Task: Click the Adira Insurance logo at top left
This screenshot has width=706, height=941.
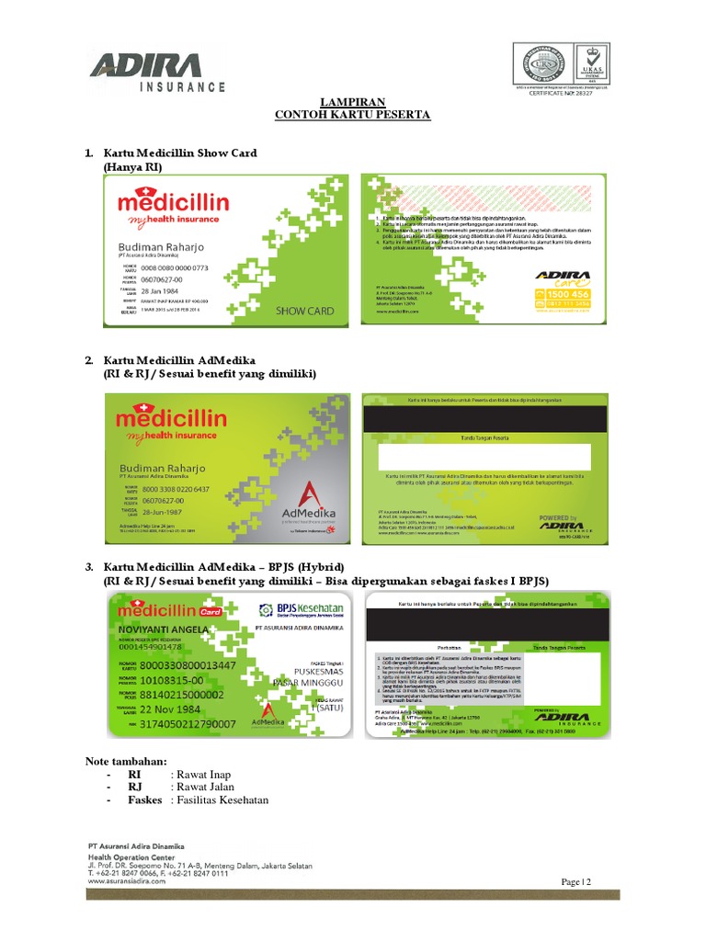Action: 156,72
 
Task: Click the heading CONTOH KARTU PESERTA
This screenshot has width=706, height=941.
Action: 353,115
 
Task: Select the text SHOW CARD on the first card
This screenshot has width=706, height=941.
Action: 304,311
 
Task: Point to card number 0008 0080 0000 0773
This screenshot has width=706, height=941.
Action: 174,268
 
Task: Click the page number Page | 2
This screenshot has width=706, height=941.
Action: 575,882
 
